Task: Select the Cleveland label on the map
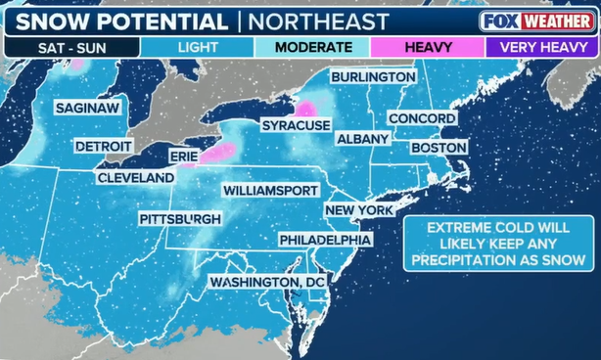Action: [135, 178]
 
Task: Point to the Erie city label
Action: [183, 157]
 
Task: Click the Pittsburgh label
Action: [179, 219]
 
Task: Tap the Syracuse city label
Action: [296, 126]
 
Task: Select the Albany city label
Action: [362, 140]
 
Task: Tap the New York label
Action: [359, 210]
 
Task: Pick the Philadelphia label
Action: [325, 240]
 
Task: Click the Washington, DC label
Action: [266, 282]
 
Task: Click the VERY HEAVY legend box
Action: [543, 47]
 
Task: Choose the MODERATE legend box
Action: [312, 47]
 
